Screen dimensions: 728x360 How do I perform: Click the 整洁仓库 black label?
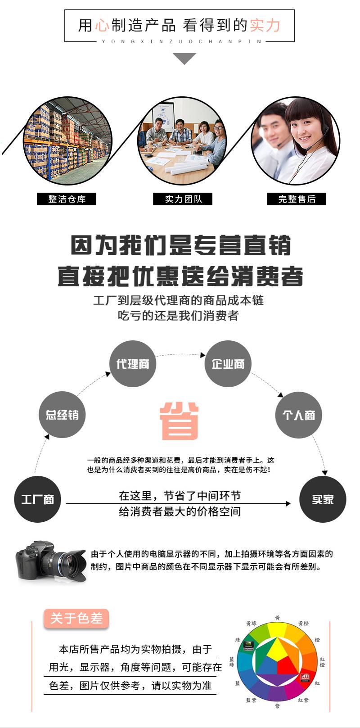(67, 199)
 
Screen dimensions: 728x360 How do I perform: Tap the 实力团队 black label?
(182, 199)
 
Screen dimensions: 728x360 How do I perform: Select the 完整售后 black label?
(297, 199)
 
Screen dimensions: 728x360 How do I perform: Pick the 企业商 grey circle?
(228, 364)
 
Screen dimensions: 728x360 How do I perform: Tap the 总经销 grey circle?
(62, 415)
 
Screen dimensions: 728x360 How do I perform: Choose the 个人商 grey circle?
(298, 415)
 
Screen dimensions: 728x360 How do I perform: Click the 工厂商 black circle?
(37, 499)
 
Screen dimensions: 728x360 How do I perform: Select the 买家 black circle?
(323, 499)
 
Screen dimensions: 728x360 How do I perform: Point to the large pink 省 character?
(179, 421)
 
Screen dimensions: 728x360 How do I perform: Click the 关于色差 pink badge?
(76, 619)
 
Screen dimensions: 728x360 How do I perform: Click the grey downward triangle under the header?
(184, 58)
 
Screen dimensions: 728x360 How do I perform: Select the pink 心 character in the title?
(102, 26)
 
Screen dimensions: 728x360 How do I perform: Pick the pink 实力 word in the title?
(265, 26)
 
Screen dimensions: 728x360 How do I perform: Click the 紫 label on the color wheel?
(277, 706)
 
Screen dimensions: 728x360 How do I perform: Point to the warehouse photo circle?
(67, 141)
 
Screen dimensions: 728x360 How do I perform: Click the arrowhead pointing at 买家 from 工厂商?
(288, 503)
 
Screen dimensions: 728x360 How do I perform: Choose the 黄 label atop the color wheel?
(278, 618)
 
